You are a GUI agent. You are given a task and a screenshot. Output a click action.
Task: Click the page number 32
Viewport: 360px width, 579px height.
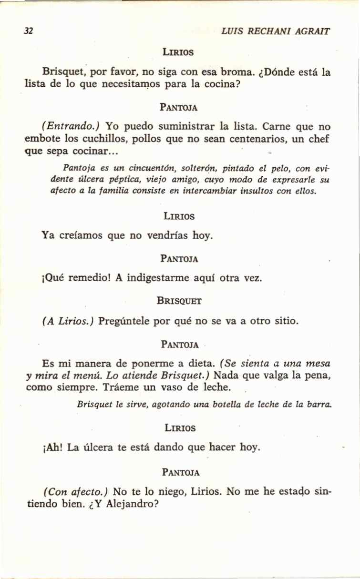pyautogui.click(x=29, y=31)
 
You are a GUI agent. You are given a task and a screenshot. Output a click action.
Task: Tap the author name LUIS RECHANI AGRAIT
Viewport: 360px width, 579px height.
pyautogui.click(x=276, y=31)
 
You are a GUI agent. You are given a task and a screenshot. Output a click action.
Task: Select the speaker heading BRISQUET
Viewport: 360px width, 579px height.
pyautogui.click(x=179, y=301)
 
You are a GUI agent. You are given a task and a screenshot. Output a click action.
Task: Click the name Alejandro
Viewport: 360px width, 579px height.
pyautogui.click(x=133, y=504)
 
